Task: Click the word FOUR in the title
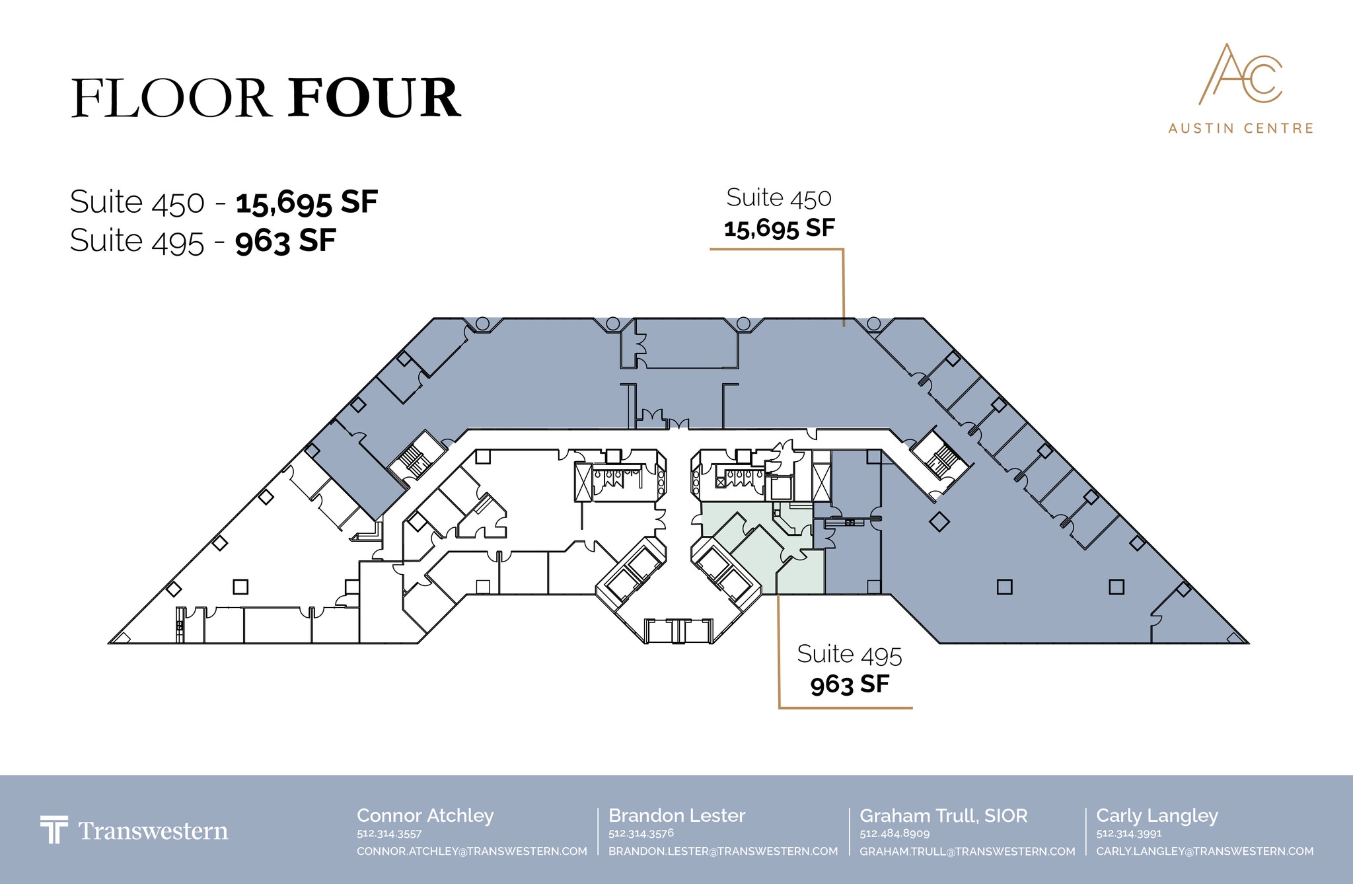(374, 98)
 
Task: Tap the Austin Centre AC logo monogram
(1241, 74)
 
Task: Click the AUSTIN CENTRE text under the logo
(1241, 128)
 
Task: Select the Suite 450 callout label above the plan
(779, 212)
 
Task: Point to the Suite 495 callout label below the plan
(850, 668)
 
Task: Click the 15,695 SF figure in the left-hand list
(307, 202)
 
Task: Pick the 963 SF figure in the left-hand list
(285, 240)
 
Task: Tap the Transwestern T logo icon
(54, 829)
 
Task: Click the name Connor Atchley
(425, 816)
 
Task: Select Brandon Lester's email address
(723, 852)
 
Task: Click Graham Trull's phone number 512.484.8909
(895, 834)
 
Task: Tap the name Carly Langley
(1157, 816)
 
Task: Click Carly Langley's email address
(1205, 852)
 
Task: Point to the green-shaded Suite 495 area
(760, 548)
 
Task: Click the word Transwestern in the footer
(153, 830)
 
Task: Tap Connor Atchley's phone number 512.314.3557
(389, 834)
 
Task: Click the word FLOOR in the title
(170, 98)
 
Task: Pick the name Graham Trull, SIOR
(943, 816)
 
